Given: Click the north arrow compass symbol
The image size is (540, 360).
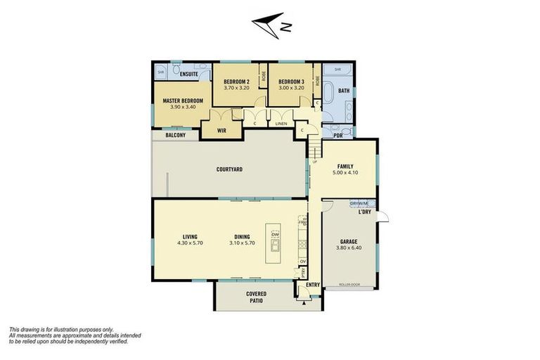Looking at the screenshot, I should point(271,25).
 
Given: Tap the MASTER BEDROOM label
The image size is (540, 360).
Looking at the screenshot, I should point(183,101).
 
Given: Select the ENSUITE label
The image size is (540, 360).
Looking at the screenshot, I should point(188,74).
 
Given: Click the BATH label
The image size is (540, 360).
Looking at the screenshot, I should point(343,91).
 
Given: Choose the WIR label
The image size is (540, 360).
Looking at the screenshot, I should point(221,130).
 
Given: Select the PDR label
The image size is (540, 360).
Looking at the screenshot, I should point(338,135).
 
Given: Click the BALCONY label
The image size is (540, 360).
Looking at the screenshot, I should point(176,135).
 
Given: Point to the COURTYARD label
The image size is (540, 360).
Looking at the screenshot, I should point(229,169).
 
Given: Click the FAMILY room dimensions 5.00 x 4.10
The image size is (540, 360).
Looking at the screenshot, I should point(345,173).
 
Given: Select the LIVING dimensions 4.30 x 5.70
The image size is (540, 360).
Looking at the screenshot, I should point(189,243).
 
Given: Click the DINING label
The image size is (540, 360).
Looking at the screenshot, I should point(241,236).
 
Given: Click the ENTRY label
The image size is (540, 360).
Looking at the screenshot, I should point(313,285).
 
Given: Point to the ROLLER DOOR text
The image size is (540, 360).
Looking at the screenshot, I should point(349,285).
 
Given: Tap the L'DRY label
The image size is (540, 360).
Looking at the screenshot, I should point(364,212).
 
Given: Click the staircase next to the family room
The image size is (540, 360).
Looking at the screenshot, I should point(314,149).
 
